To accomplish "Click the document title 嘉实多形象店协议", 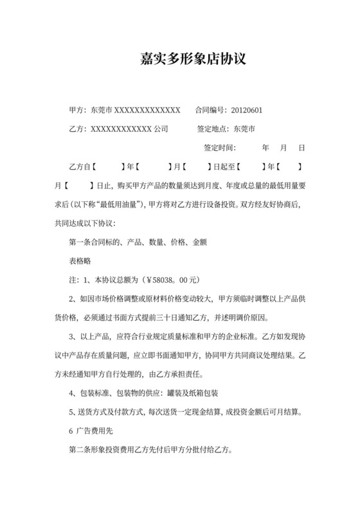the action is pyautogui.click(x=193, y=60).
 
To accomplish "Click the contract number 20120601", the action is pyautogui.click(x=244, y=110).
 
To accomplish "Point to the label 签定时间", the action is pyautogui.click(x=219, y=148).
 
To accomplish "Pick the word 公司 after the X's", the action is pyautogui.click(x=161, y=129).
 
